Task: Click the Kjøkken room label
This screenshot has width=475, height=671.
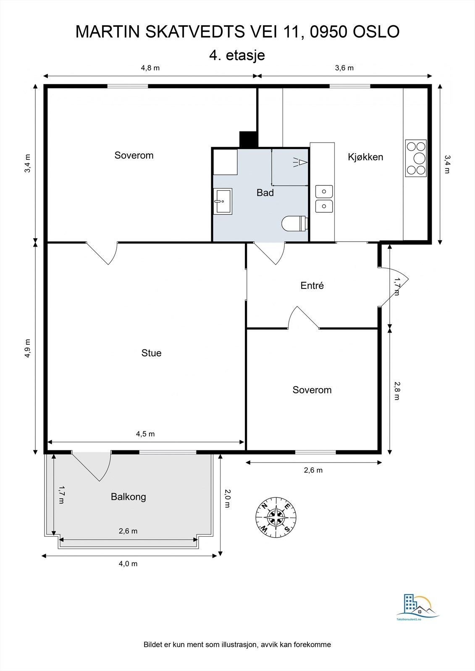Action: tap(365, 157)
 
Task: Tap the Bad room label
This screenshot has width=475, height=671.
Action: tap(265, 192)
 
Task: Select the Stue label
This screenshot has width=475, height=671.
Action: tap(151, 353)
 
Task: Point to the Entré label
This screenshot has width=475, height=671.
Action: tap(312, 285)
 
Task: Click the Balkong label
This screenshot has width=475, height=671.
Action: tap(129, 497)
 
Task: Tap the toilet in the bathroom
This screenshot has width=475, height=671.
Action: tap(294, 224)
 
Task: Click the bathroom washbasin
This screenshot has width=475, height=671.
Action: tap(223, 201)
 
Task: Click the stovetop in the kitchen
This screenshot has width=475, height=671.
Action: tap(416, 158)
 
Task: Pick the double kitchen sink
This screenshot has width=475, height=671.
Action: tap(324, 199)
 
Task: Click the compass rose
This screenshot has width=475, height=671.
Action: tap(276, 518)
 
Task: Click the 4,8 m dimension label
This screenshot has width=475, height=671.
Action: tap(150, 68)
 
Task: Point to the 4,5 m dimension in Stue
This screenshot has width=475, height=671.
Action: tap(145, 434)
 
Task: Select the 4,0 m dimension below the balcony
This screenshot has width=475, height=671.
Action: tap(128, 564)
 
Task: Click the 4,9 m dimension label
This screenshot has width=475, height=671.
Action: tap(28, 348)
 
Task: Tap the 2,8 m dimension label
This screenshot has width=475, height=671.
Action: tap(397, 390)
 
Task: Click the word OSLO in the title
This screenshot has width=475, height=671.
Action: tap(376, 32)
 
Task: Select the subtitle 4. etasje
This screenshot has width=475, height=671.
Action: tap(237, 55)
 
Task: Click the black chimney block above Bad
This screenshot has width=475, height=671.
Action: tap(248, 140)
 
